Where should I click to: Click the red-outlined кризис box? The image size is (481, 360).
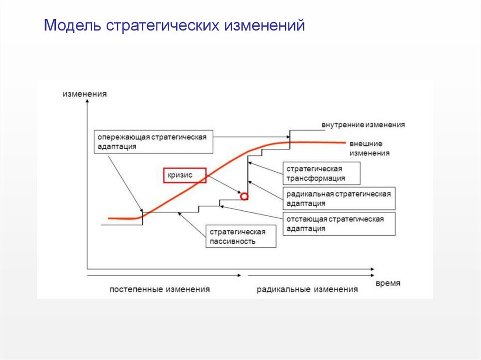pos(185,176)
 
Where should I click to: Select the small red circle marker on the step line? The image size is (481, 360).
pos(244,196)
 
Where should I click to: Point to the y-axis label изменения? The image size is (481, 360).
pos(85,94)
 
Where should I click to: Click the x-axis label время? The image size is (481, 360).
pos(388,283)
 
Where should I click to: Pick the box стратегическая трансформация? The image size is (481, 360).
pos(322,173)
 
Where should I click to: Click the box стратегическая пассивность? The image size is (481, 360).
pos(240,237)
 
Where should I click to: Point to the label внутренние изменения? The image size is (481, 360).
pos(363,125)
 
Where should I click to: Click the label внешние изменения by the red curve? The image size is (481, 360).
pos(368,148)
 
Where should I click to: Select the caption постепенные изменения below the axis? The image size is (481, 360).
pos(160,289)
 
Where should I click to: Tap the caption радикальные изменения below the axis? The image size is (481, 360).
pos(307,289)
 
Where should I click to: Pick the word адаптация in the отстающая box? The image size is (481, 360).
pos(306,229)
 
